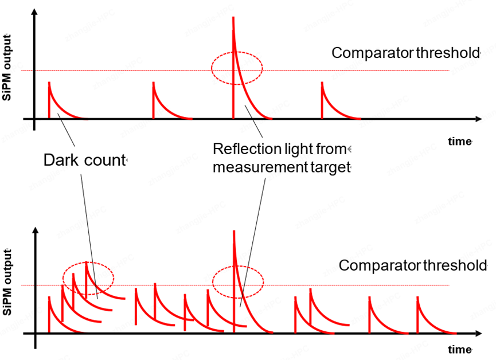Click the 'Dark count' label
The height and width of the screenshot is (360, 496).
(84, 161)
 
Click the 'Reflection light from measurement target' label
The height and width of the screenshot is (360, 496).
(281, 158)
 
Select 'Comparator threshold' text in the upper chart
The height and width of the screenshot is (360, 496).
(405, 53)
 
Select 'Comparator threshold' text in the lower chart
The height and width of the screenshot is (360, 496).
(412, 266)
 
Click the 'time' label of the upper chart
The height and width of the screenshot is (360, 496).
(459, 141)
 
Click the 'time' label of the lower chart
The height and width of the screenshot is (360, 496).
(459, 349)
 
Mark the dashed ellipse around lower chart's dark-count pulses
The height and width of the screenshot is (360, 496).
(88, 277)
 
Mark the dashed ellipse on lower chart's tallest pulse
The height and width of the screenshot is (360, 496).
(238, 282)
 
